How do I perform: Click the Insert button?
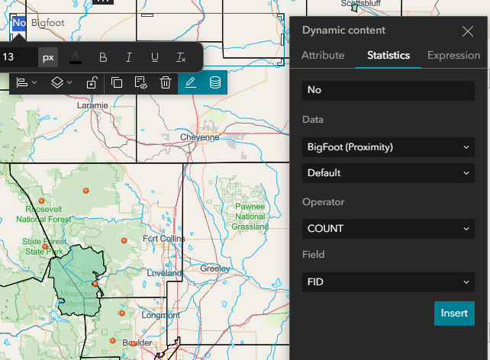454,313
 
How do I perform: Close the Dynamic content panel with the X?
468,31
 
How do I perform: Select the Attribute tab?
323,55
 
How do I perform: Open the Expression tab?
453,55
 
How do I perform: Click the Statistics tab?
388,55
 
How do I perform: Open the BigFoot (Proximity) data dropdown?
388,146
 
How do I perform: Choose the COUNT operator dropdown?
388,228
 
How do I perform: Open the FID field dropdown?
388,282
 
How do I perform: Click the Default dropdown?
388,173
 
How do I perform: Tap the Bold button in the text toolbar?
103,57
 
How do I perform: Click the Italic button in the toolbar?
129,57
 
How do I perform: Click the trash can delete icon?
166,82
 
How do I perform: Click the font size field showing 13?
18,57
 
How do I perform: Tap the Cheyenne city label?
199,137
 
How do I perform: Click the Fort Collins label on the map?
163,239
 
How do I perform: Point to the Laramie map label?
92,105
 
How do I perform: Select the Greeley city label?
214,268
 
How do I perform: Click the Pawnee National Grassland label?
250,216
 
